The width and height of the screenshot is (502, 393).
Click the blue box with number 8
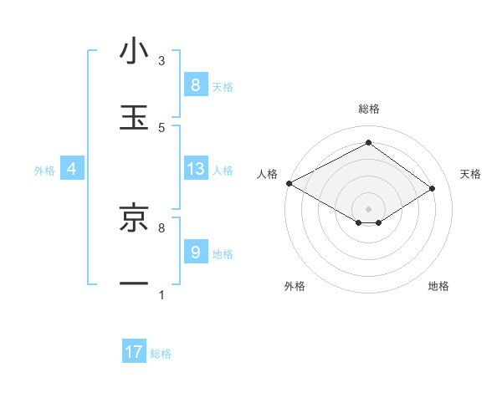[x=195, y=84]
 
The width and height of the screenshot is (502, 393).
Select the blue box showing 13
[x=195, y=169]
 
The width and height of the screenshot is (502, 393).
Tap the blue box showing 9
[x=195, y=252]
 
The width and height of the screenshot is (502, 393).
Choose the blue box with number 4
[x=72, y=169]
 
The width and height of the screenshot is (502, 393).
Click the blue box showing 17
[x=134, y=352]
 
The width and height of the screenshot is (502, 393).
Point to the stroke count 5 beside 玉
[x=161, y=127]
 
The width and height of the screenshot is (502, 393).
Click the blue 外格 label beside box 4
[x=44, y=170]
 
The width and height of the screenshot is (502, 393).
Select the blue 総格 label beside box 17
[x=161, y=354]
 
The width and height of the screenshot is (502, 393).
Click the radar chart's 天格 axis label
[x=471, y=174]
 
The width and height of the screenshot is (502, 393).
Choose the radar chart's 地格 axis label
[x=438, y=286]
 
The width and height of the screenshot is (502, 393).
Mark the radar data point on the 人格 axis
[x=289, y=183]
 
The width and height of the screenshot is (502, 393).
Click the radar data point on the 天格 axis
[x=433, y=189]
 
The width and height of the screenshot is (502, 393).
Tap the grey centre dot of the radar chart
[x=368, y=208]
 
